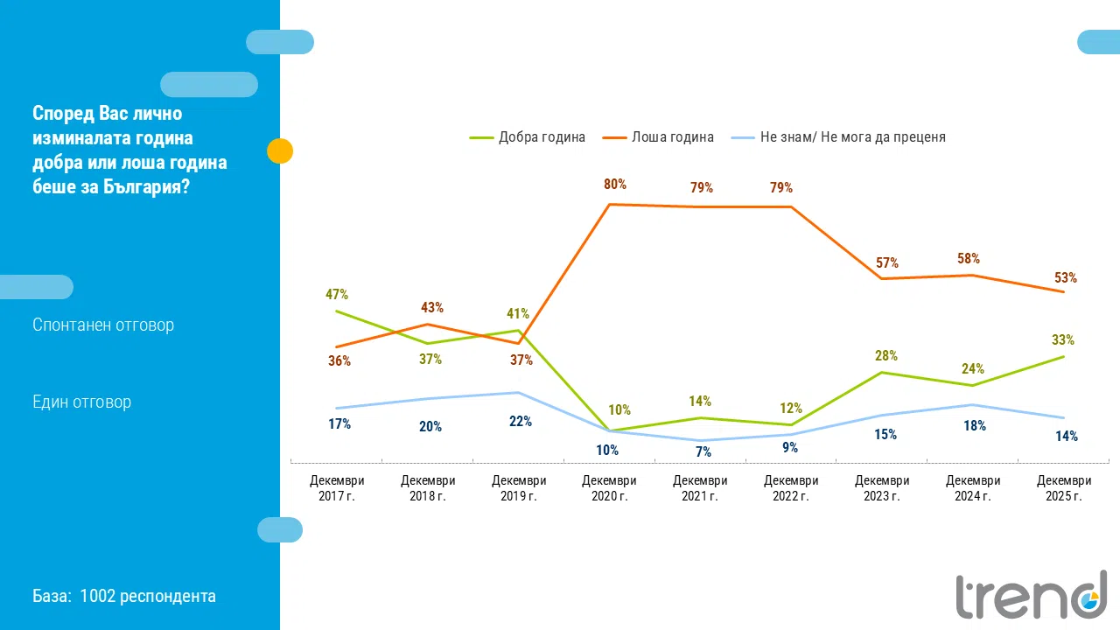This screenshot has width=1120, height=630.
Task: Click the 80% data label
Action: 615,185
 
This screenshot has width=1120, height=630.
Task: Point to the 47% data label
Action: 337,295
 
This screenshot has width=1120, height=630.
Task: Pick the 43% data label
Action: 432,308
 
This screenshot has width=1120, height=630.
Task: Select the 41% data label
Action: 519,314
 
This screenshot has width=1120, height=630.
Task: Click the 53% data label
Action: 1066,278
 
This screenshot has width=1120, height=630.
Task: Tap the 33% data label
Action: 1063,340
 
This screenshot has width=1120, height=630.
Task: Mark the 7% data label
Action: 703,452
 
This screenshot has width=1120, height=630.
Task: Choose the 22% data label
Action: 521,421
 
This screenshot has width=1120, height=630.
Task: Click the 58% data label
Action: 969,259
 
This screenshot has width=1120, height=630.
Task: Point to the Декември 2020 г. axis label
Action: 610,488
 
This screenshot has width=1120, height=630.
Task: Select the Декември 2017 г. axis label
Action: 337,488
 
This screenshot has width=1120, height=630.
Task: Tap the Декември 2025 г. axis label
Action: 1064,488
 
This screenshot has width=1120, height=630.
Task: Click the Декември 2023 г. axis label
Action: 882,488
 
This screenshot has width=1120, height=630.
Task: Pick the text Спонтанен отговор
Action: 103,325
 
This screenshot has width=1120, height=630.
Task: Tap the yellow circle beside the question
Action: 279,151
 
